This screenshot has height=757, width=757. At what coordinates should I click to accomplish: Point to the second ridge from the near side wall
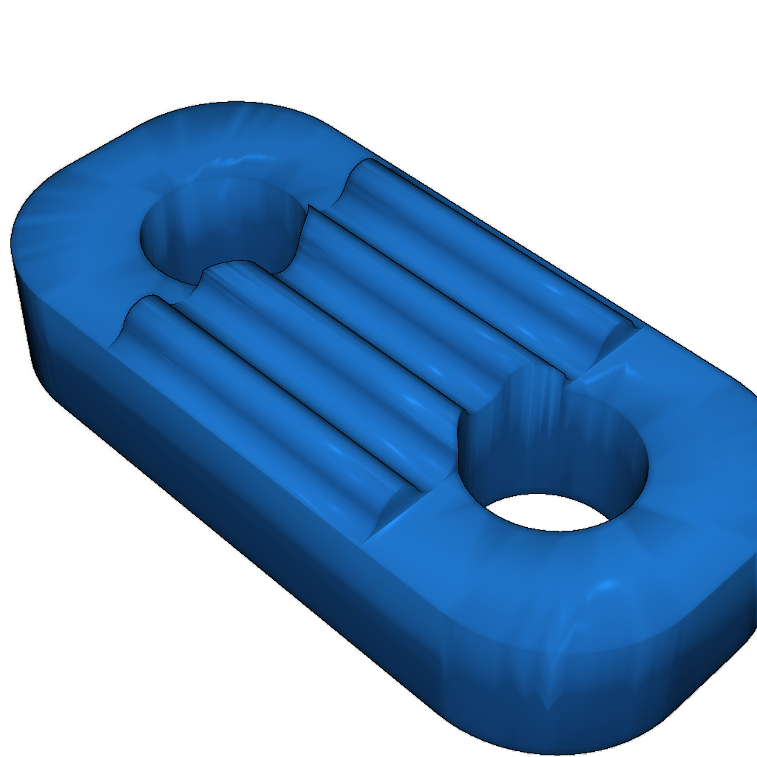(x=333, y=362)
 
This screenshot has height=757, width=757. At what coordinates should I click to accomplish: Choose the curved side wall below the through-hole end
(x=628, y=688)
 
